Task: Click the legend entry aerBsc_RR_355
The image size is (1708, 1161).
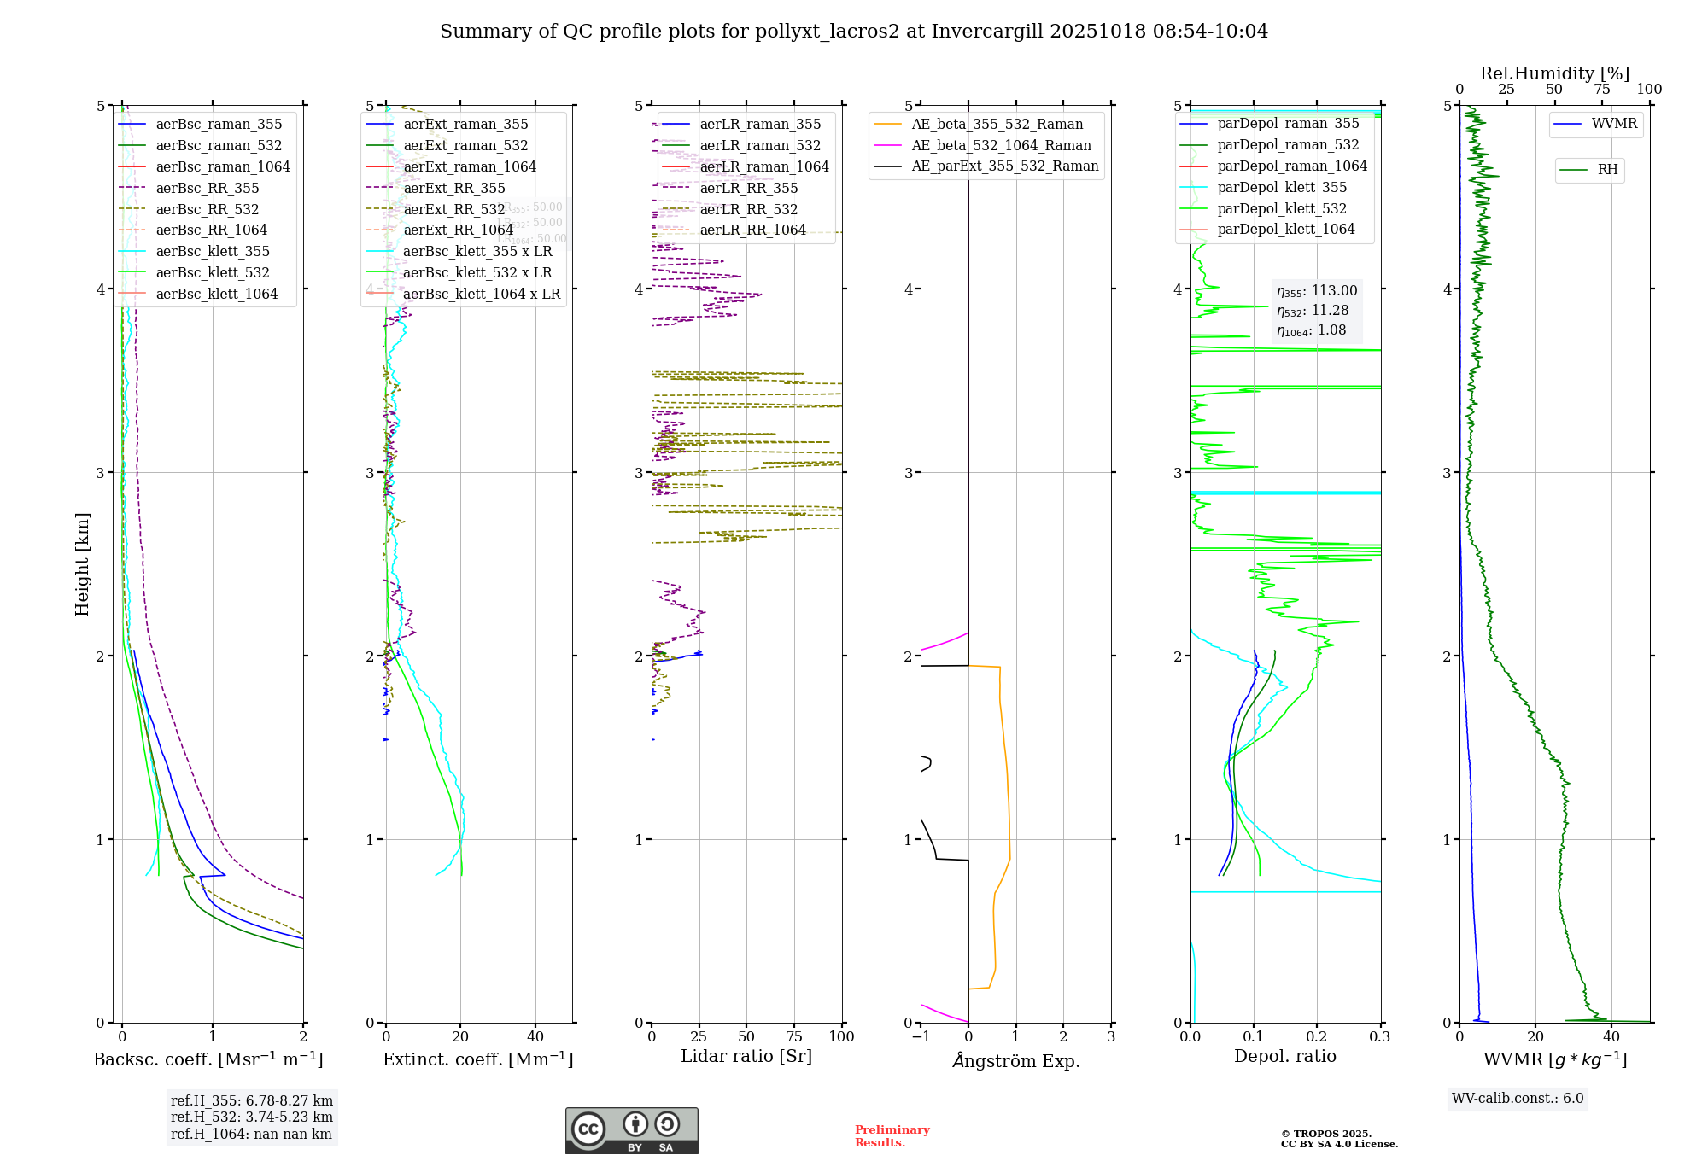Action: (x=207, y=188)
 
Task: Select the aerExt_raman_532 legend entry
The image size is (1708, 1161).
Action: (x=465, y=145)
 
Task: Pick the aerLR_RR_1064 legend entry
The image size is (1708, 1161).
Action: (x=752, y=230)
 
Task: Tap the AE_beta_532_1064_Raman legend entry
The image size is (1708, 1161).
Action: (x=1001, y=145)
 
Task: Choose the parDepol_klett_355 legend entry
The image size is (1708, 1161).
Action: (x=1281, y=187)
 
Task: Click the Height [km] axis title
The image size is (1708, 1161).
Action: (x=82, y=563)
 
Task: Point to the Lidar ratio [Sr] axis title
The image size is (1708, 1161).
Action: (x=746, y=1056)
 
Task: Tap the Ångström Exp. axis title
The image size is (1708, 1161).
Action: (x=1015, y=1060)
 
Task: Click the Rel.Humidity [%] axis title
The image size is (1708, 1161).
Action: (x=1554, y=73)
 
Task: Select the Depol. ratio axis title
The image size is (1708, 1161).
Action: (x=1284, y=1056)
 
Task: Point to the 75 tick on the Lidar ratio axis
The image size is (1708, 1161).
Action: (x=794, y=1036)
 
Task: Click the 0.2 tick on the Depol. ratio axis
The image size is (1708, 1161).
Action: (x=1317, y=1036)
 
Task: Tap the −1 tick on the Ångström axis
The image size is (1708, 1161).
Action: (x=921, y=1036)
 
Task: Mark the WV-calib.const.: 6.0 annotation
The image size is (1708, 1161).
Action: (x=1518, y=1099)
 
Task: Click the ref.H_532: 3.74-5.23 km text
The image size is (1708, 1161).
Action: (x=251, y=1117)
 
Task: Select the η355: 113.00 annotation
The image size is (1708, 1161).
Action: (x=1316, y=291)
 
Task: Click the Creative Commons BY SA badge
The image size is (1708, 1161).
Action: (x=631, y=1130)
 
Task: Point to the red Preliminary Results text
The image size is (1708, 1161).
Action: (x=892, y=1136)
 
